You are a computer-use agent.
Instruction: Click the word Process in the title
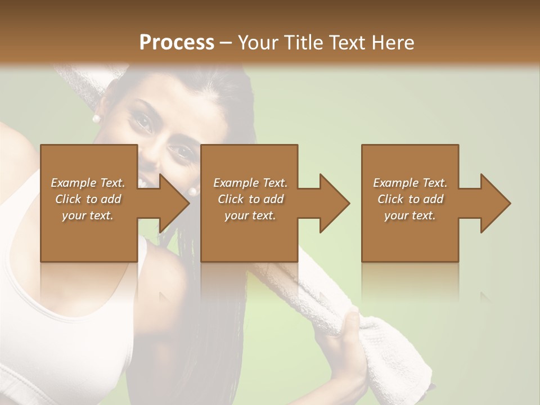[x=177, y=42]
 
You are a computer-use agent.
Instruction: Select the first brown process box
[x=88, y=236]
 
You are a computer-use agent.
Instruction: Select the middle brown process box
[x=249, y=236]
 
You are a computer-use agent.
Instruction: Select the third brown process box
[x=409, y=236]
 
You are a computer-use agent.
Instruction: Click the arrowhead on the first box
[x=172, y=203]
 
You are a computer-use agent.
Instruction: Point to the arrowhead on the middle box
[x=332, y=203]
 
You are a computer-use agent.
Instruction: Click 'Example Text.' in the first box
[x=88, y=183]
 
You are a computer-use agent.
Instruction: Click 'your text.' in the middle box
[x=250, y=215]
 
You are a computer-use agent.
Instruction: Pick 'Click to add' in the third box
[x=411, y=199]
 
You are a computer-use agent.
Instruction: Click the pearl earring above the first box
[x=96, y=118]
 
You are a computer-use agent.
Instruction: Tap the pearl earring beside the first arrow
[x=193, y=191]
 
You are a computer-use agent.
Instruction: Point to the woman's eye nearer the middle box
[x=181, y=151]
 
